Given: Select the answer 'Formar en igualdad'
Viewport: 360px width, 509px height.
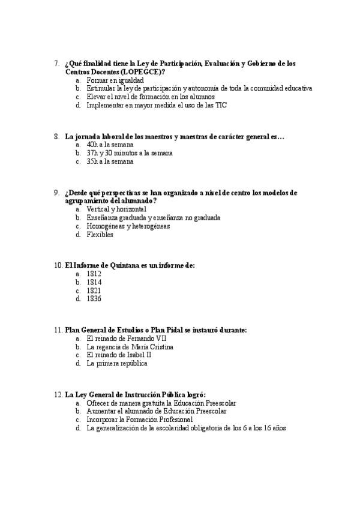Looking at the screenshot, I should (x=115, y=80).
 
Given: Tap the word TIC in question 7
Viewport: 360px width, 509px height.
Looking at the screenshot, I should (x=221, y=105).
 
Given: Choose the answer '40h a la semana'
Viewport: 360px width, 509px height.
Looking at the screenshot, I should (x=110, y=145).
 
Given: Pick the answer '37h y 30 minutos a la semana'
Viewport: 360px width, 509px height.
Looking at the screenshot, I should (x=129, y=153).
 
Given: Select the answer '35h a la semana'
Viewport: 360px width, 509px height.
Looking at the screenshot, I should (x=110, y=161).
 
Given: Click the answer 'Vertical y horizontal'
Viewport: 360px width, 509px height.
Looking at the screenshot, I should (x=116, y=209).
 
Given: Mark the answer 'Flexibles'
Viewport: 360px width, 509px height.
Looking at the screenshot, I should (x=100, y=235).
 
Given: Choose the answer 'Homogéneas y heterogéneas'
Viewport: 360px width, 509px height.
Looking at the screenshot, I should (x=128, y=226).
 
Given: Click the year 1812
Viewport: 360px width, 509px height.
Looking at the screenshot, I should (x=94, y=274).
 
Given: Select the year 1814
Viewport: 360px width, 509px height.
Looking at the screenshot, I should (x=94, y=282).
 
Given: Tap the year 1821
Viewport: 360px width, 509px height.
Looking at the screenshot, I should (x=94, y=291).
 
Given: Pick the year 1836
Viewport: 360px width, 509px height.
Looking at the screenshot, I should (x=94, y=299).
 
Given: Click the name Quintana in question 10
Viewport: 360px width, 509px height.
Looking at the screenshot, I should (x=123, y=265).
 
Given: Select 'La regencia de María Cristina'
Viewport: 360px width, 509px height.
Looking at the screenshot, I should (x=130, y=347).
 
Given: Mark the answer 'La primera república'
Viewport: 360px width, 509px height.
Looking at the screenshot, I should (x=117, y=364).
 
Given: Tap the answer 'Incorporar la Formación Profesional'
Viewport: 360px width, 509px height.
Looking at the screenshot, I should (x=139, y=420).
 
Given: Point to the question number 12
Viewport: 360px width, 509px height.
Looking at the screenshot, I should (x=58, y=395).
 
